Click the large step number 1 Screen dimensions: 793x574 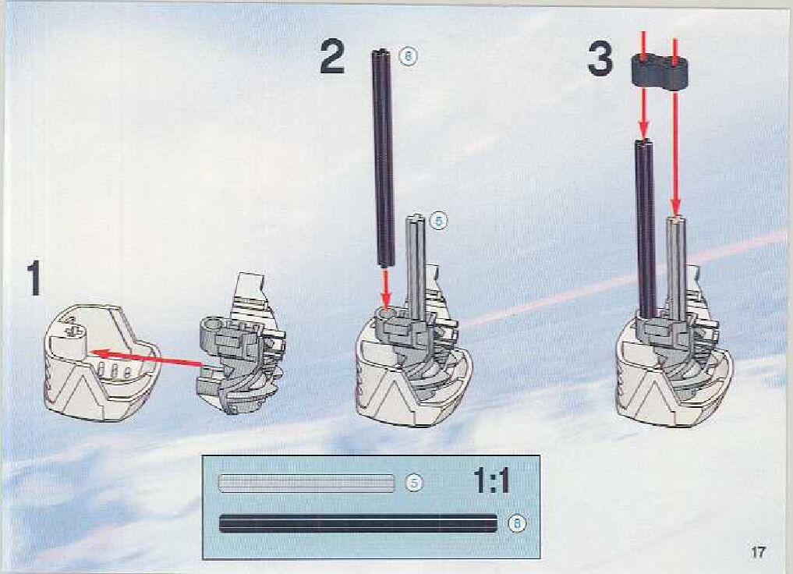click(34, 278)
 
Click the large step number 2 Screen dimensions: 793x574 click(332, 58)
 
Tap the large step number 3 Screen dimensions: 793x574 click(600, 58)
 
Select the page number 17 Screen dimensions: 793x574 click(757, 552)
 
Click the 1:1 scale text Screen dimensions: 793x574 click(491, 482)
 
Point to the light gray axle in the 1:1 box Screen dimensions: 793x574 click(306, 483)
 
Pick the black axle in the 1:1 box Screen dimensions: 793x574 click(358, 523)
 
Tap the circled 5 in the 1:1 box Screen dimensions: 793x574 click(416, 483)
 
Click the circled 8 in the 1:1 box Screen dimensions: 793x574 click(515, 523)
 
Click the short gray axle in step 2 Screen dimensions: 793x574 click(416, 265)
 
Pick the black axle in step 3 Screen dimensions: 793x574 click(645, 226)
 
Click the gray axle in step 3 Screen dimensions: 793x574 click(675, 265)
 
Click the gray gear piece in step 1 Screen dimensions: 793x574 click(238, 351)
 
